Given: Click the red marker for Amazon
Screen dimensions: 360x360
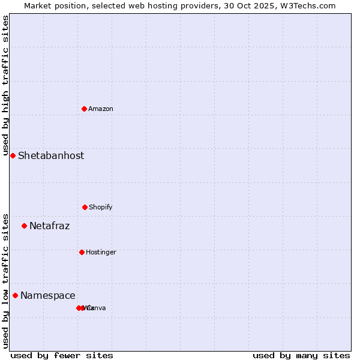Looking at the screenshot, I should click(84, 109).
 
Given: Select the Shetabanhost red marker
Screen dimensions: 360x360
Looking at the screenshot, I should click(13, 155).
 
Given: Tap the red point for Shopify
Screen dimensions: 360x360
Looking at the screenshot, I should click(85, 207).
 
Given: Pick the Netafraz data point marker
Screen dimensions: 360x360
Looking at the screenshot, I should click(24, 226).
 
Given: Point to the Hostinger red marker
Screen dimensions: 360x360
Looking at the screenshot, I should click(82, 252).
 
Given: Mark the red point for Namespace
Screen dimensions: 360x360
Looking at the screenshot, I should click(15, 295).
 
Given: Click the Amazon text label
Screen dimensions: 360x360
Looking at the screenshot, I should click(101, 109).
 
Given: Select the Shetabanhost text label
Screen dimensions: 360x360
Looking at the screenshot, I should click(51, 155).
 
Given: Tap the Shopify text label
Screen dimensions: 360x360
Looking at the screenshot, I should click(101, 207).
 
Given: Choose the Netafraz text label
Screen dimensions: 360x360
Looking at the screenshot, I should click(49, 226).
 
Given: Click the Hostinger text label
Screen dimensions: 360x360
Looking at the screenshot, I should click(101, 252).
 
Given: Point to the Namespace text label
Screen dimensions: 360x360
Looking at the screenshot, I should click(48, 295).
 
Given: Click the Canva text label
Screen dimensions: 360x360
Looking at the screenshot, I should click(97, 308).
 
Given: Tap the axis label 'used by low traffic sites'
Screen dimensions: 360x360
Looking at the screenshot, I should click(5, 281).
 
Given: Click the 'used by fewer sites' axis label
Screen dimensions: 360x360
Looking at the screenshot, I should click(62, 355).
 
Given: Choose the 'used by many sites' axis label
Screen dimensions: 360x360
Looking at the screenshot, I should click(301, 355).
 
